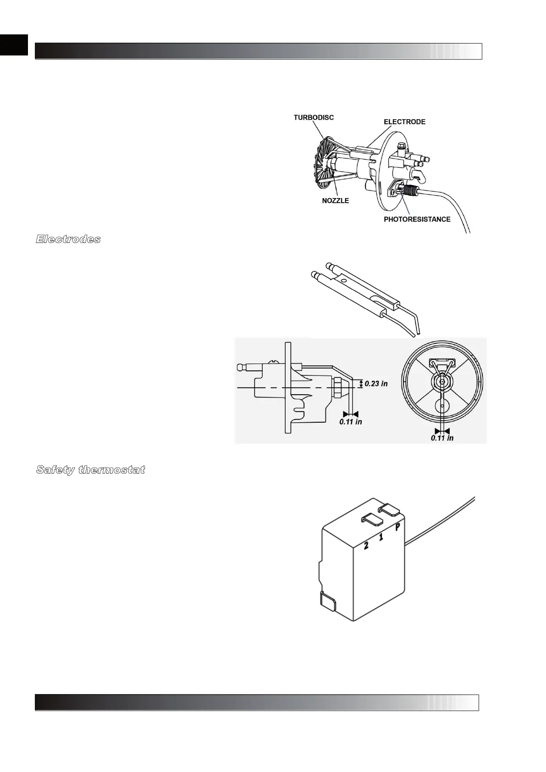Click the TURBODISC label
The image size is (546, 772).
[x=314, y=117]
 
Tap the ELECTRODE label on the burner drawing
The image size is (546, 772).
[x=404, y=122]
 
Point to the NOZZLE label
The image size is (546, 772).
[x=335, y=201]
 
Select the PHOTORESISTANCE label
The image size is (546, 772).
[x=417, y=219]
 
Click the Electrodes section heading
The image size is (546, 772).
[x=68, y=239]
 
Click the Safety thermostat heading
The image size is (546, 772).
[x=90, y=470]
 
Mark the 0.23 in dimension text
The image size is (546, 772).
[x=376, y=383]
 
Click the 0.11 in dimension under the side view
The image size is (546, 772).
[x=350, y=421]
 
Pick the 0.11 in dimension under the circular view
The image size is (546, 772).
[x=442, y=438]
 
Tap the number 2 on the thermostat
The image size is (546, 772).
[x=366, y=546]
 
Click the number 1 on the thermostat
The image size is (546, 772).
[x=381, y=536]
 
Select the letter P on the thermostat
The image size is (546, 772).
[x=398, y=527]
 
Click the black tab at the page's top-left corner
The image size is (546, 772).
[x=14, y=45]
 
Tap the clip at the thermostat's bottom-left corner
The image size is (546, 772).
[x=327, y=601]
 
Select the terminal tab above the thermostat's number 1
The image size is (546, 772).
[x=373, y=518]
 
